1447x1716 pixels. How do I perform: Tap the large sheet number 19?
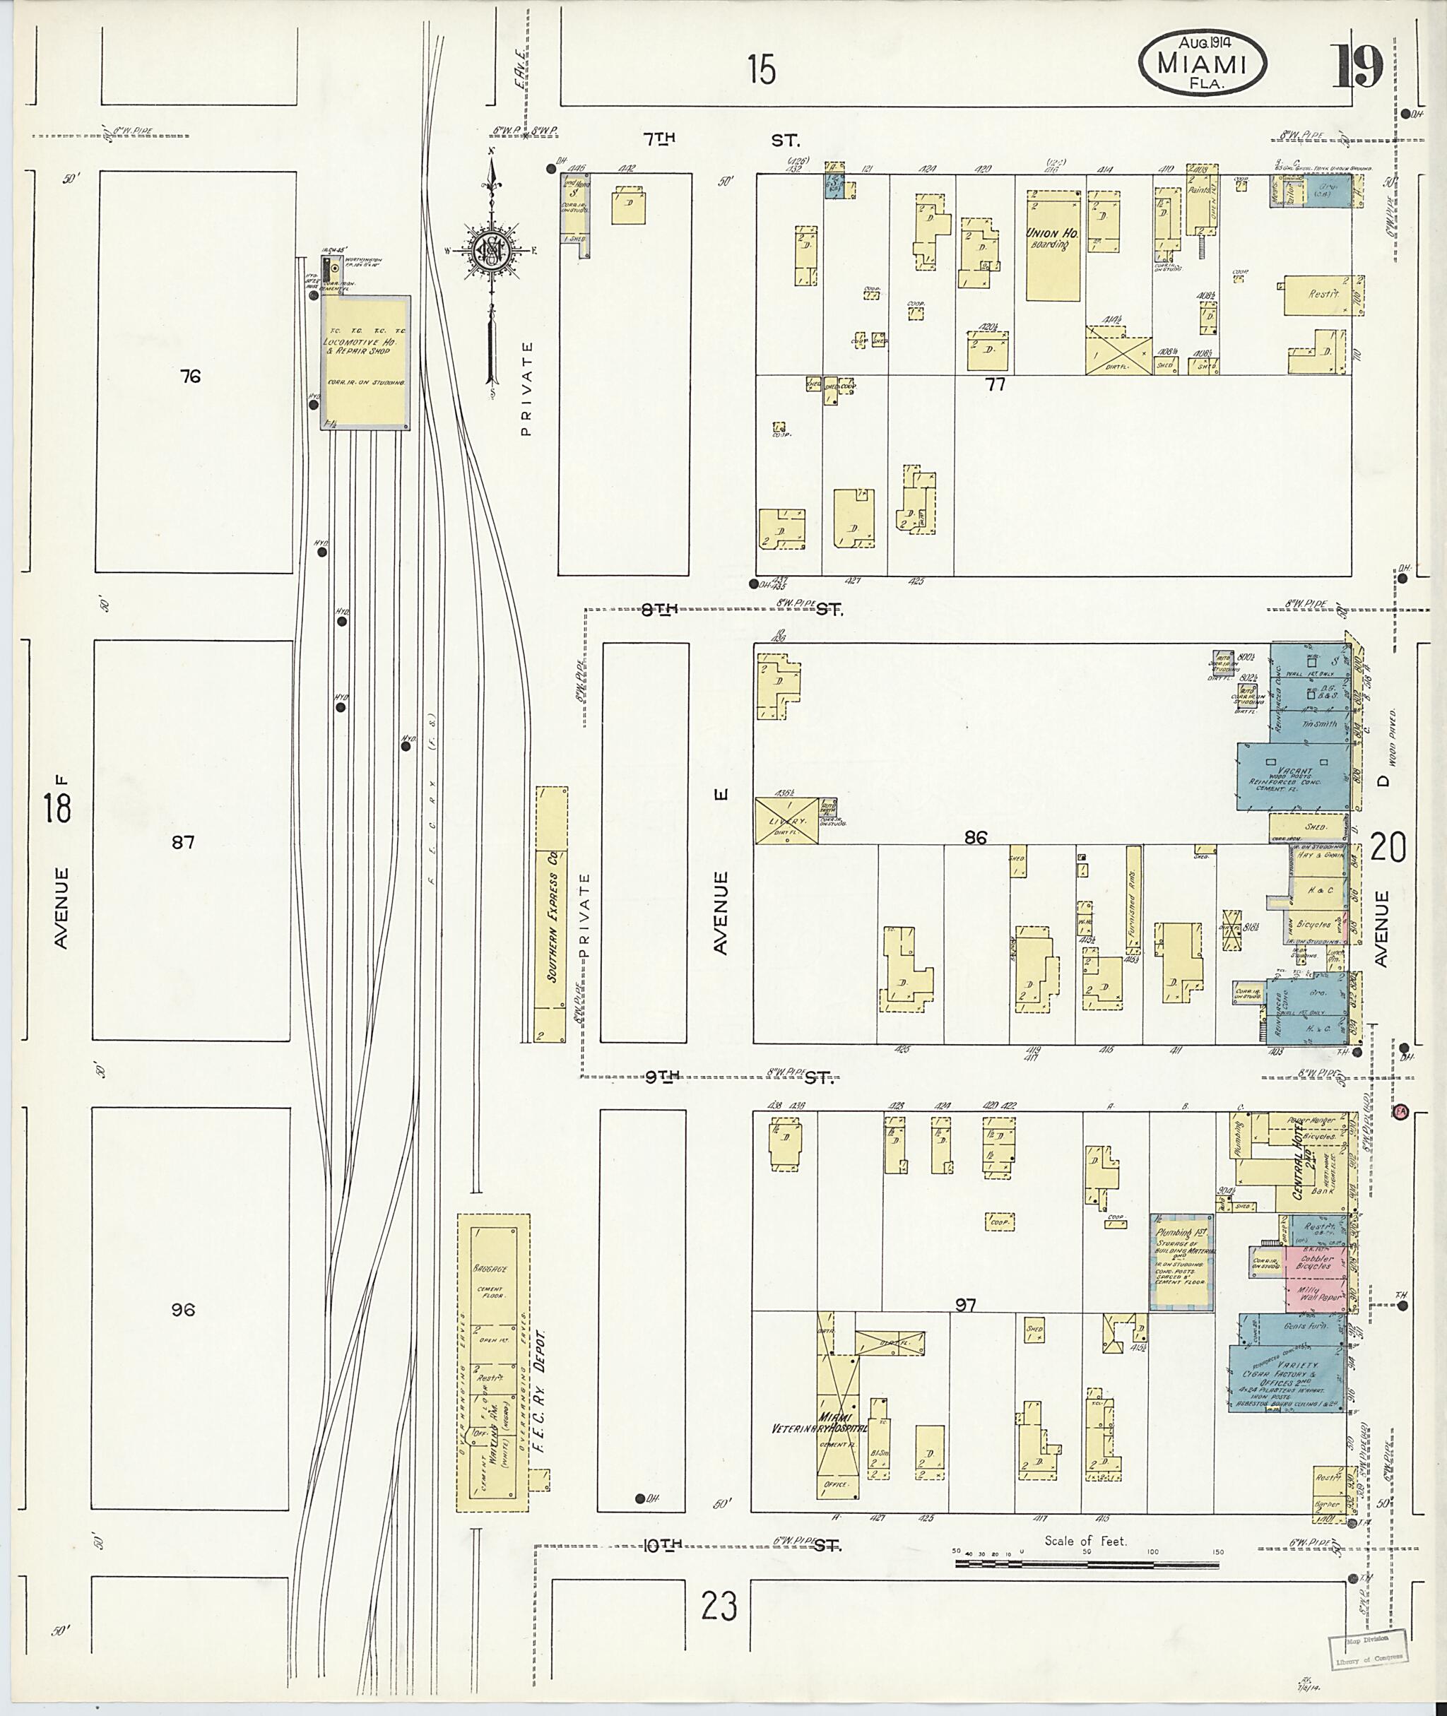tap(1359, 66)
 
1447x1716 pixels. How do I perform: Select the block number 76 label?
tap(190, 377)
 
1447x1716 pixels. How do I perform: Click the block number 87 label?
tap(182, 842)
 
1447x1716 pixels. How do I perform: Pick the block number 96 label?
tap(183, 1310)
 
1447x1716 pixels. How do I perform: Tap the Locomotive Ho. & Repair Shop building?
tap(365, 361)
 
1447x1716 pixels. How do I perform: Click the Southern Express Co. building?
tap(551, 913)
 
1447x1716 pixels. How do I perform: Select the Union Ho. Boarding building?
tap(1053, 246)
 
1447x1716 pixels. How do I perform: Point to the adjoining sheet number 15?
tap(761, 70)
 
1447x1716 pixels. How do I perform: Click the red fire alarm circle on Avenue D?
tap(1400, 1111)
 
